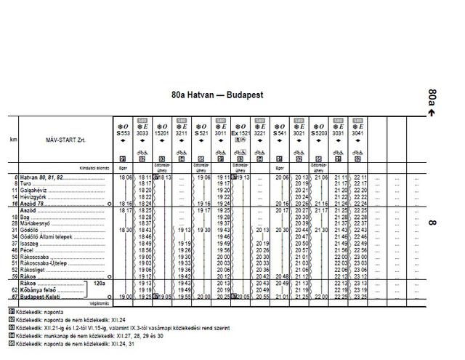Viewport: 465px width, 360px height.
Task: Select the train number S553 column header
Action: pyautogui.click(x=123, y=133)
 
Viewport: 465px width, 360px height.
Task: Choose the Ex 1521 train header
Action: pyautogui.click(x=240, y=133)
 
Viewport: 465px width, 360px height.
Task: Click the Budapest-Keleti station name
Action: pyautogui.click(x=44, y=297)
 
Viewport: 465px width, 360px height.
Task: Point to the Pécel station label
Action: pyautogui.click(x=33, y=249)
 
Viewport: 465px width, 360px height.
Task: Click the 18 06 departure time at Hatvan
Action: pyautogui.click(x=125, y=177)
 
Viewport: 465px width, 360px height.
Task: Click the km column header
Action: pyautogui.click(x=13, y=139)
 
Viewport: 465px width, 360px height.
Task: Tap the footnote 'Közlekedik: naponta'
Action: pyautogui.click(x=41, y=311)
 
